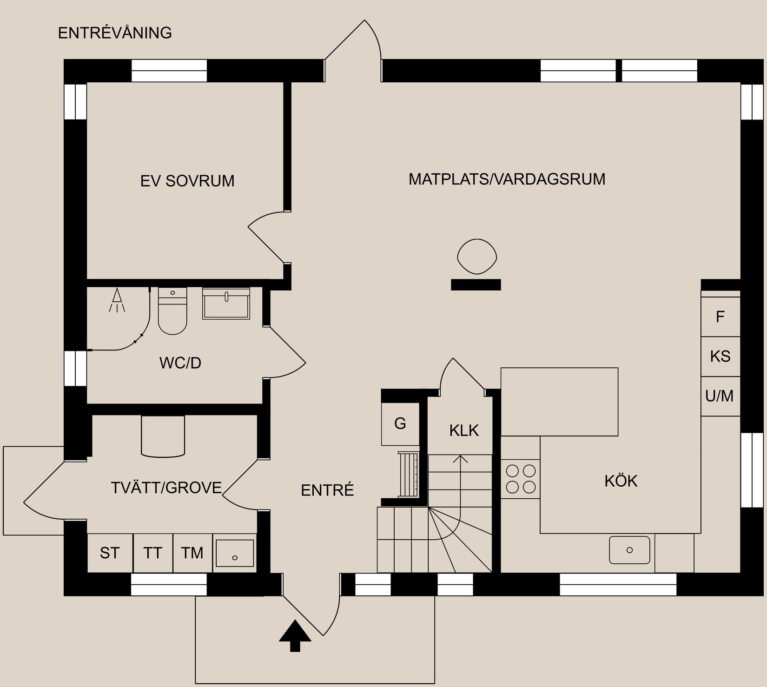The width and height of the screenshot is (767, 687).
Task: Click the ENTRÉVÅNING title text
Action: (x=115, y=33)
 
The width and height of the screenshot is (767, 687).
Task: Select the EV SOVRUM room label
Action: (x=187, y=181)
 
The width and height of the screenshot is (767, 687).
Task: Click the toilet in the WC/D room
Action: (x=172, y=311)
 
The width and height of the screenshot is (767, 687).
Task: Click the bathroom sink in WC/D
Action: (x=226, y=303)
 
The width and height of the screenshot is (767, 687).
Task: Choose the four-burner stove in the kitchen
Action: (x=520, y=479)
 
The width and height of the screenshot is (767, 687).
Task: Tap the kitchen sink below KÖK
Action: (x=629, y=550)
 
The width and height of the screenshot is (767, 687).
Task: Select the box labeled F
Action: (x=720, y=317)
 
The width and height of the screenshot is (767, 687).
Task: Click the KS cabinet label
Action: (x=720, y=357)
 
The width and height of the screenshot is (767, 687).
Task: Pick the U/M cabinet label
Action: (x=720, y=396)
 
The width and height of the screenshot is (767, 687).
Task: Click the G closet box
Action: (x=400, y=423)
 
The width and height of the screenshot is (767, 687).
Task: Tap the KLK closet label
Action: (x=464, y=430)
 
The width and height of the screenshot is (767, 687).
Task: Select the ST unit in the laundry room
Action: (x=110, y=553)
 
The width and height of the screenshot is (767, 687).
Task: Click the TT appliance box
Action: (x=152, y=553)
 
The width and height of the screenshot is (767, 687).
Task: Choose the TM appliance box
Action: (x=192, y=553)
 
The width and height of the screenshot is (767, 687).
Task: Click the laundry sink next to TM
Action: (x=235, y=553)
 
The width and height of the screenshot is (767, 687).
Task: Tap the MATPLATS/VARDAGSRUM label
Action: (x=507, y=179)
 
